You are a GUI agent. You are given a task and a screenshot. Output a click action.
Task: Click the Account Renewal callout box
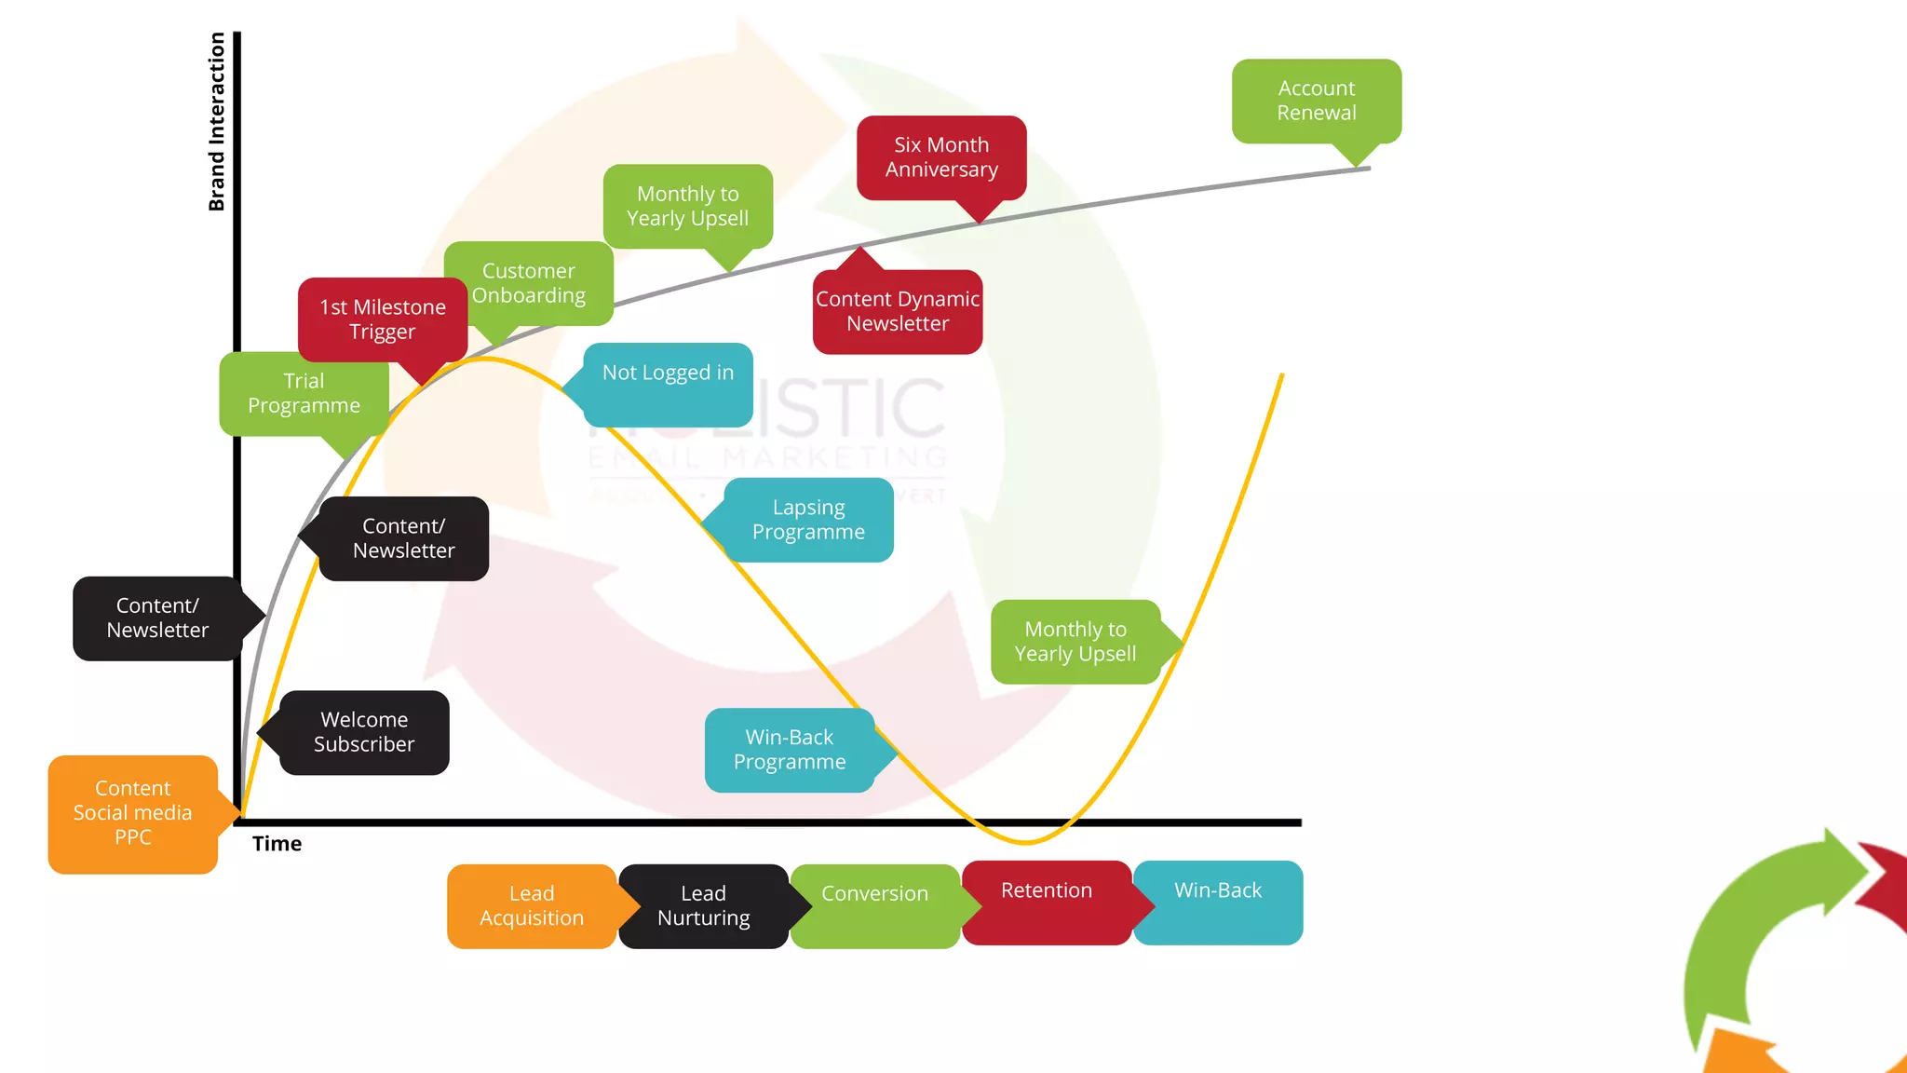(x=1316, y=101)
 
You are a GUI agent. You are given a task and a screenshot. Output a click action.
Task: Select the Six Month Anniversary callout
(x=941, y=157)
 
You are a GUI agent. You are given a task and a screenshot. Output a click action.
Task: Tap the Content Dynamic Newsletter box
(x=898, y=312)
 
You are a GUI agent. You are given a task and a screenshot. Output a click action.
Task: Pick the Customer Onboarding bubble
(x=529, y=283)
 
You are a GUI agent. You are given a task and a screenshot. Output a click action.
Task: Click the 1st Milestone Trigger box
(x=383, y=319)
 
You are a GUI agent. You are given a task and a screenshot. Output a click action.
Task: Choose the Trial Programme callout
(x=304, y=393)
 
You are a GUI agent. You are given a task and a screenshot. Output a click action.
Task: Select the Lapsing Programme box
(x=808, y=520)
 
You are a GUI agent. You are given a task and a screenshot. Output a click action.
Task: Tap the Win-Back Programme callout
(x=790, y=750)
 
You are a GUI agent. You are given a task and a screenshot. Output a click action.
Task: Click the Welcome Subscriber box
(x=364, y=732)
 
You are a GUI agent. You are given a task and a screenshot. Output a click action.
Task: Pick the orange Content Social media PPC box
(x=133, y=813)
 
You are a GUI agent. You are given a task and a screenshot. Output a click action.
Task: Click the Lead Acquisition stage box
(x=532, y=906)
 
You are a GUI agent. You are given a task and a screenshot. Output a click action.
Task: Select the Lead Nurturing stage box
(x=703, y=906)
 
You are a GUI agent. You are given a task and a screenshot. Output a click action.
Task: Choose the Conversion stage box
(x=875, y=906)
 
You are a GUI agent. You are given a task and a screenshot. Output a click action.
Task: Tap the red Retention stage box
(x=1047, y=903)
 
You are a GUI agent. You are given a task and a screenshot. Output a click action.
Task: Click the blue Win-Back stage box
(x=1218, y=903)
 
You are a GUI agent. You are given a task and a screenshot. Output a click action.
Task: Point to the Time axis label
(x=277, y=844)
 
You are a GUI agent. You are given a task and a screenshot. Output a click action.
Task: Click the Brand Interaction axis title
(x=217, y=122)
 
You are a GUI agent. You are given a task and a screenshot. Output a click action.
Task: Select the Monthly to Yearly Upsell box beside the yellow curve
(x=1075, y=642)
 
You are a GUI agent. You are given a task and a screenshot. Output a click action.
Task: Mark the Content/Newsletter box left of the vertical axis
(x=157, y=618)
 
